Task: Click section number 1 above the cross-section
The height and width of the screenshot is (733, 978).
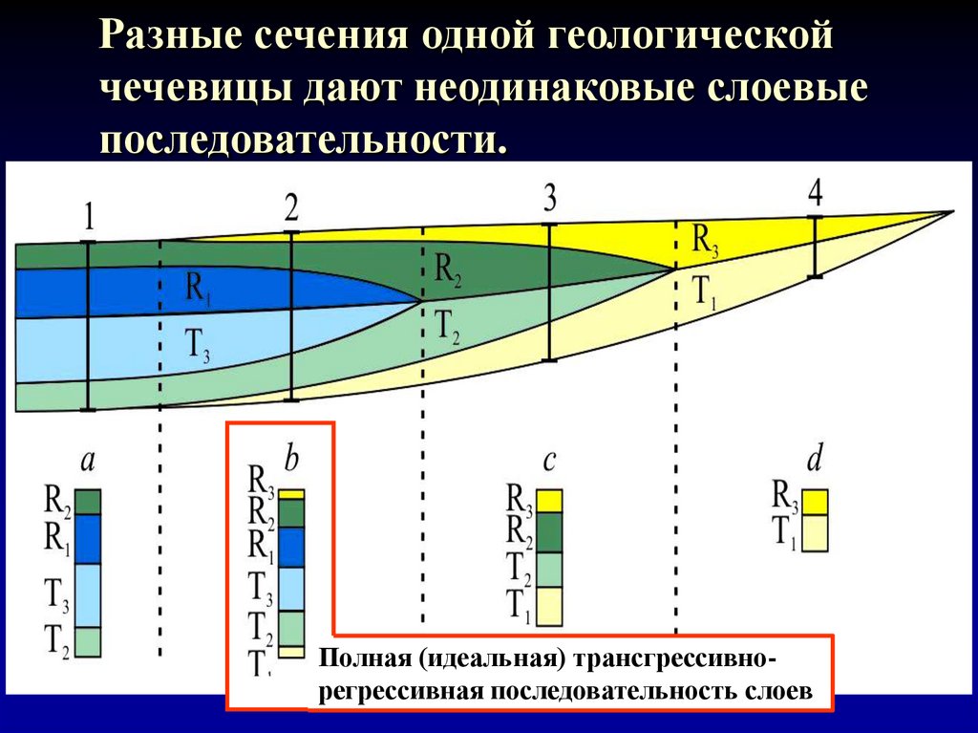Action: coord(89,217)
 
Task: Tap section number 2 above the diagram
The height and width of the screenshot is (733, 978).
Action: coord(290,207)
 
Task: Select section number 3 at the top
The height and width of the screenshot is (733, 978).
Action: coord(549,199)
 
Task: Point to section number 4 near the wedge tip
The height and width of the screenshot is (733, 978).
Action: coord(815,193)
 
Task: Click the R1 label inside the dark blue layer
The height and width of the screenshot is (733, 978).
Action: coord(199,287)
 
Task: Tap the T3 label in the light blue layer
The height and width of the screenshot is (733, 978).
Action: coord(199,345)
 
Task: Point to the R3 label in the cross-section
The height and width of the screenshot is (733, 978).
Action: coord(705,240)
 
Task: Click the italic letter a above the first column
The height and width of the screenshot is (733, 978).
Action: coord(87,461)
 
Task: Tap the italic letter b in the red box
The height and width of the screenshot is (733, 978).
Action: coord(291,459)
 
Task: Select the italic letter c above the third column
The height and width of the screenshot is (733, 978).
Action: coord(549,461)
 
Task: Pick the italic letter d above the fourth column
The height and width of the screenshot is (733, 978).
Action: coord(814,461)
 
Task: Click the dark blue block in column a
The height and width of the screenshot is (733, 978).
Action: coord(88,539)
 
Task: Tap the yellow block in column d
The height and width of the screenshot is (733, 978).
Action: coord(814,502)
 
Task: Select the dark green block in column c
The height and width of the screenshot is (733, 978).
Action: coord(549,533)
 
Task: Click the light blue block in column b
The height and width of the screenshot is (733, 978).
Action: coord(290,589)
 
